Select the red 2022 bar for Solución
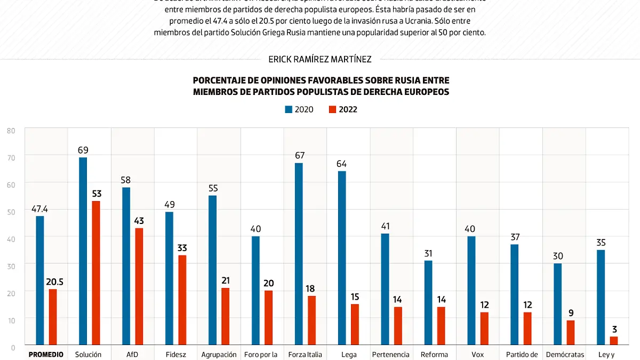pyautogui.click(x=96, y=273)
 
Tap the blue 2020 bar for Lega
pyautogui.click(x=342, y=258)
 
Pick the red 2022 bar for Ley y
pyautogui.click(x=614, y=341)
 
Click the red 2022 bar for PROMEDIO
pyautogui.click(x=53, y=317)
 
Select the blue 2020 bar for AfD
pyautogui.click(x=126, y=266)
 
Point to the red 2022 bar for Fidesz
pyautogui.click(x=182, y=300)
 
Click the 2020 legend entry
pyautogui.click(x=299, y=109)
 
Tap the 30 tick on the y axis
pyautogui.click(x=11, y=265)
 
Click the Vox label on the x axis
pyautogui.click(x=477, y=354)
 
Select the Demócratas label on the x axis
pyautogui.click(x=564, y=354)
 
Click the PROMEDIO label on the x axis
pyautogui.click(x=46, y=354)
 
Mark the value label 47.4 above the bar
pyautogui.click(x=40, y=209)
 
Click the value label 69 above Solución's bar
pyautogui.click(x=83, y=150)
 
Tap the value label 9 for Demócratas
pyautogui.click(x=571, y=313)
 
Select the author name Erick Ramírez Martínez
pyautogui.click(x=320, y=59)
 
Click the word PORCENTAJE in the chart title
pyautogui.click(x=218, y=81)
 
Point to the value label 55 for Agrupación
pyautogui.click(x=213, y=188)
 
